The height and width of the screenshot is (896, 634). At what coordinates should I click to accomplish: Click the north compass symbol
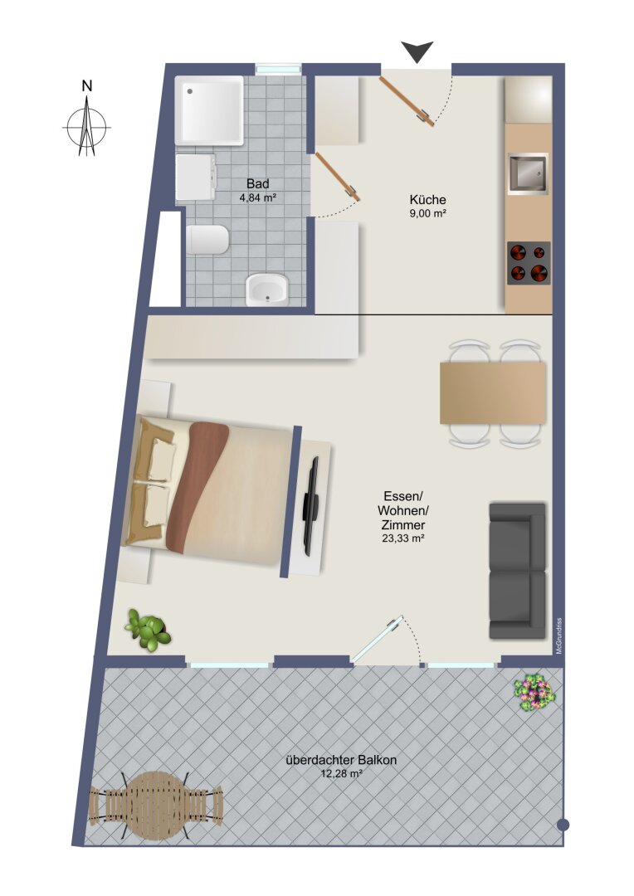coord(86,126)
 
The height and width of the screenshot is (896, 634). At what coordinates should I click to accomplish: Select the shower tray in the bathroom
coord(209,110)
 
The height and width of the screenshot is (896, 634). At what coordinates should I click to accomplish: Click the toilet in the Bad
coord(207,240)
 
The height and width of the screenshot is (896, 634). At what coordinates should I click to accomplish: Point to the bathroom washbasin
coord(266,290)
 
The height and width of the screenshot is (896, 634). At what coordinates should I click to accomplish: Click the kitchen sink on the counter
coord(528,173)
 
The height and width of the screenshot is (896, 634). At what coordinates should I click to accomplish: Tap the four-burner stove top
coord(529,263)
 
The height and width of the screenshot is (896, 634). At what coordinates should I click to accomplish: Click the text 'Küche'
coord(427,200)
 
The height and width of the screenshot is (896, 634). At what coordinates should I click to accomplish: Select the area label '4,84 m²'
coord(258,198)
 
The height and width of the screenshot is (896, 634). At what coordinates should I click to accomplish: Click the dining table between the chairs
coord(493,392)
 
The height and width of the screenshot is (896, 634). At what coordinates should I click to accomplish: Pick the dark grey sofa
coord(517,571)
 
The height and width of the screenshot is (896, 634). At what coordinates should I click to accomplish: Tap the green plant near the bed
coord(148,630)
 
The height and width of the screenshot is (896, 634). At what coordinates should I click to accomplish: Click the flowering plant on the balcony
coord(534,692)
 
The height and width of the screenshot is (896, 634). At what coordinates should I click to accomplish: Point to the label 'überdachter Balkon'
coord(341,760)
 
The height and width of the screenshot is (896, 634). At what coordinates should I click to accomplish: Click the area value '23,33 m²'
coord(402,538)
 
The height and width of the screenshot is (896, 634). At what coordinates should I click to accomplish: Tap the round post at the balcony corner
coord(563,825)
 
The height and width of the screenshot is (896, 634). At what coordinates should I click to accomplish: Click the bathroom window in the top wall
coord(278,69)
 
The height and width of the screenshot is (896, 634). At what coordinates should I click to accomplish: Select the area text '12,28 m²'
coord(341,774)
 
